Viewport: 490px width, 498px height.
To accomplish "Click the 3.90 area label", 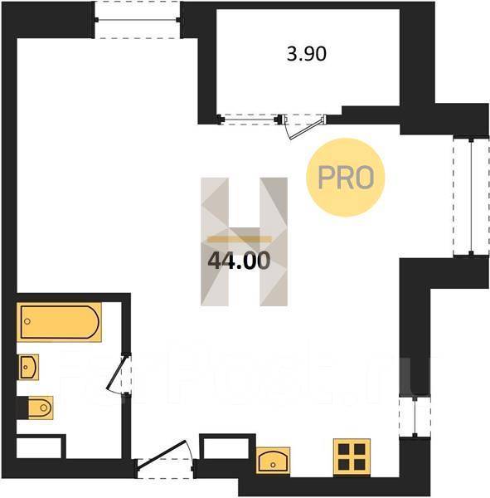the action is point(307,54).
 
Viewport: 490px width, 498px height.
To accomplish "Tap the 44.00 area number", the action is point(239,261).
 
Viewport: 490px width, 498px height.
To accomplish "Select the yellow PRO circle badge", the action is point(345,178).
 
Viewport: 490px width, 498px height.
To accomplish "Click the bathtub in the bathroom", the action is point(59,322).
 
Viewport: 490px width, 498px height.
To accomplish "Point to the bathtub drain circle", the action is point(27,321).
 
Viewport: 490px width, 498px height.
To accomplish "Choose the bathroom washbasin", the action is point(28,367).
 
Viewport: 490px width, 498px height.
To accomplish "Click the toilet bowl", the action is point(40,408).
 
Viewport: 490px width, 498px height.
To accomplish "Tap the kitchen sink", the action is point(273,461).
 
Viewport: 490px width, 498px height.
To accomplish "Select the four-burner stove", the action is point(352,457).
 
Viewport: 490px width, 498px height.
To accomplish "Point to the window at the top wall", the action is point(138,20).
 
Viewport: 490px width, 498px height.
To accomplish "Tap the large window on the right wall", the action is point(471,196).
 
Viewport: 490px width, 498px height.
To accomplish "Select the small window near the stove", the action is point(415,417).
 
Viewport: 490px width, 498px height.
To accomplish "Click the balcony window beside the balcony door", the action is point(249,120).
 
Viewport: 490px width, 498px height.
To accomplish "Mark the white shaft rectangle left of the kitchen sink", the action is point(226,448).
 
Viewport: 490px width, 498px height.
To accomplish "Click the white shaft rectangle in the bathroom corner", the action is point(39,448).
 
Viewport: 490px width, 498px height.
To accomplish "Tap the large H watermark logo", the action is point(244,242).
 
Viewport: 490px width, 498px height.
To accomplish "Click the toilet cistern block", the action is point(22,408).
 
